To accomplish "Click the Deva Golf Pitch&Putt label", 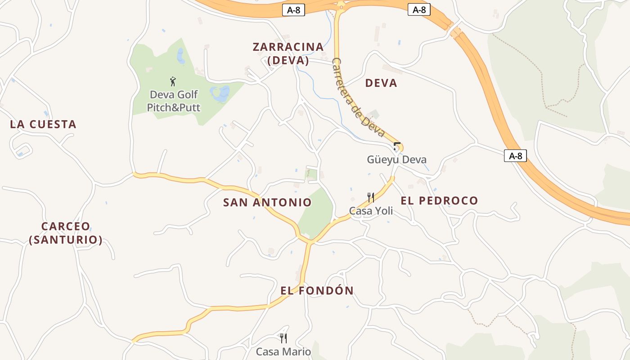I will point(174,101).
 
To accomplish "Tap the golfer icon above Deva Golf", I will point(173,81).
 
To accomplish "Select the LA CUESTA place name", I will point(43,125).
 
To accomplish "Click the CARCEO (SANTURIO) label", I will point(66,233).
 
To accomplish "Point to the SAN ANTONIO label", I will point(267,202).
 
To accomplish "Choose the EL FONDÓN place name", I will point(317,291).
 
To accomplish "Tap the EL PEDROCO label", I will point(439,201).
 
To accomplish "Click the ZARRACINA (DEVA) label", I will point(288,54).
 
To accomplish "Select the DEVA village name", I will point(381,83).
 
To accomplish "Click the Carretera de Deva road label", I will point(358,98).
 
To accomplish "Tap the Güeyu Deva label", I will point(396,160).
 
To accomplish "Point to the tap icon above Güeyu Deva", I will point(396,146).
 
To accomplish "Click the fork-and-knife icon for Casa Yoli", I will point(371,198).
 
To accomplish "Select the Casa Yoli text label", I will point(371,211).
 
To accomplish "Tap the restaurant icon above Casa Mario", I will point(283,338).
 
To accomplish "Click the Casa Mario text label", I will point(283,351).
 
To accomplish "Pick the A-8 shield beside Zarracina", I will point(293,10).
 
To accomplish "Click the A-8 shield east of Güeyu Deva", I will point(515,156).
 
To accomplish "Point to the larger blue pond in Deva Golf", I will point(220,94).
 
